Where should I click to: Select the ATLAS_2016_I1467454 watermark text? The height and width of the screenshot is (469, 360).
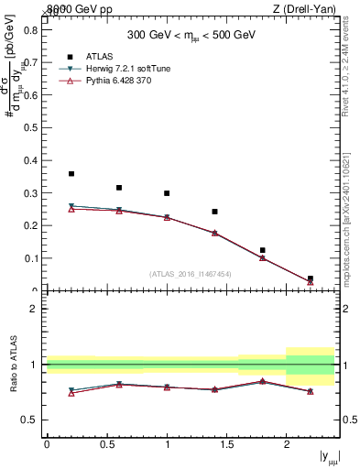pyautogui.click(x=191, y=273)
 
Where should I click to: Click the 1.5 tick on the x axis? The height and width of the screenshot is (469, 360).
pyautogui.click(x=226, y=444)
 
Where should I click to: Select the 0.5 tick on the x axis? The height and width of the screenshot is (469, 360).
pyautogui.click(x=106, y=444)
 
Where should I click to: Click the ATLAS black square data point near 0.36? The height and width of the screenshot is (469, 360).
pyautogui.click(x=71, y=173)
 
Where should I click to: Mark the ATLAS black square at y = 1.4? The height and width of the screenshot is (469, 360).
pyautogui.click(x=214, y=212)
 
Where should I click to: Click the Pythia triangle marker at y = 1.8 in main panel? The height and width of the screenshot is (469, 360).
pyautogui.click(x=262, y=258)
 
